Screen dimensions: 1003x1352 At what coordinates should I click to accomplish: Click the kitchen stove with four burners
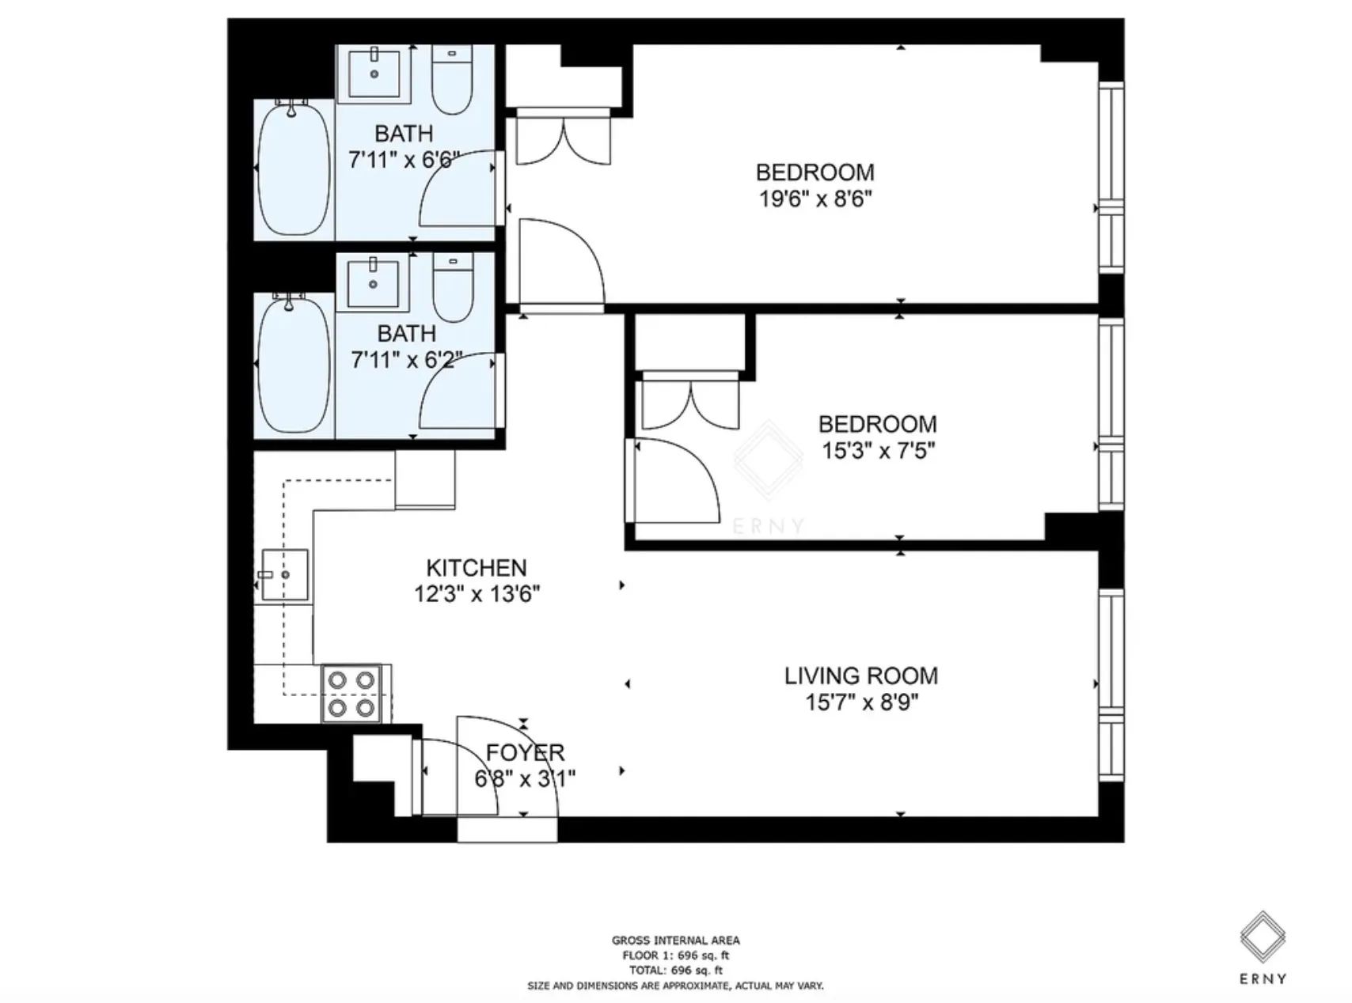(x=351, y=693)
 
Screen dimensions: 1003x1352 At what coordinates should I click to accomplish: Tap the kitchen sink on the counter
(x=284, y=575)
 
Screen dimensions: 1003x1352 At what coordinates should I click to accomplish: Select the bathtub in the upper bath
(x=294, y=168)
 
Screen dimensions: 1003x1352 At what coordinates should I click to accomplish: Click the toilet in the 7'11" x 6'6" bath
(x=452, y=79)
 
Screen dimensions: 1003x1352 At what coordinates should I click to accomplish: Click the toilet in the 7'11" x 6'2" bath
(x=453, y=286)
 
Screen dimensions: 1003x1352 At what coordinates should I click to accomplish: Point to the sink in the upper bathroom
(x=374, y=73)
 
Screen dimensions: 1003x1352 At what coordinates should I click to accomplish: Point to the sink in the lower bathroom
(x=373, y=282)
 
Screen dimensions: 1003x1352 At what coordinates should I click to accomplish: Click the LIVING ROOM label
(x=861, y=676)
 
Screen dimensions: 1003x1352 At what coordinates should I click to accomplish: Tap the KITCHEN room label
(x=476, y=567)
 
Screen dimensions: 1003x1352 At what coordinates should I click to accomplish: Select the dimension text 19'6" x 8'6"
(x=815, y=199)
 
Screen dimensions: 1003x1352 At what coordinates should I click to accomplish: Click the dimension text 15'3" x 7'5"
(x=878, y=451)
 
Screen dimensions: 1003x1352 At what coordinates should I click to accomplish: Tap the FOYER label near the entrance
(x=525, y=752)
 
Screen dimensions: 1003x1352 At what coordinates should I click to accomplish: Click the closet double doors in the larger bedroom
(x=563, y=140)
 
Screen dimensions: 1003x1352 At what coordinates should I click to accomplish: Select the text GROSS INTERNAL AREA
(x=675, y=941)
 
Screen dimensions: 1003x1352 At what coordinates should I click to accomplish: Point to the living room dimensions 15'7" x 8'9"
(x=861, y=702)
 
